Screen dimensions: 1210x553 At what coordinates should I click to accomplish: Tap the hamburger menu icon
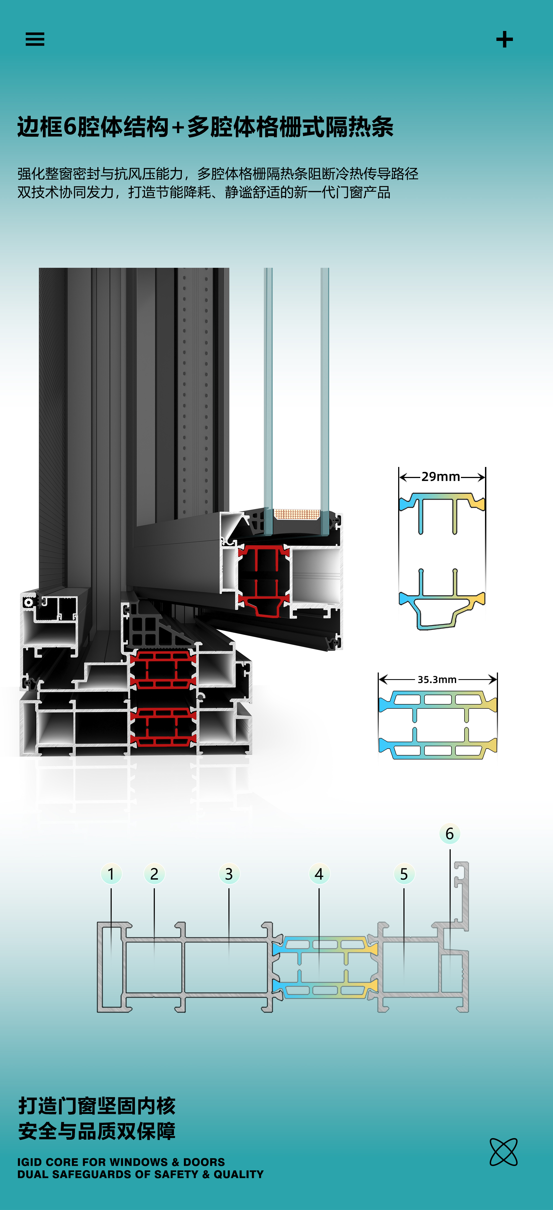click(35, 39)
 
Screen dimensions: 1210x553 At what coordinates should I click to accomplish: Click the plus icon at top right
click(504, 40)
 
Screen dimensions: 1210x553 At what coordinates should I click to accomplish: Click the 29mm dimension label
click(440, 476)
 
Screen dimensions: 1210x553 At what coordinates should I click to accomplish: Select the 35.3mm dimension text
click(437, 679)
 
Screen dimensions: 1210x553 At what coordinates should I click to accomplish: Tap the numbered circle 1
click(111, 874)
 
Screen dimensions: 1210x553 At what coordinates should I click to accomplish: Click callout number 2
click(154, 874)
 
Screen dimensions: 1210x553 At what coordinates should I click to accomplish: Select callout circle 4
click(319, 874)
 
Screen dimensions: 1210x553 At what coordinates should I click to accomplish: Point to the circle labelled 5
click(404, 874)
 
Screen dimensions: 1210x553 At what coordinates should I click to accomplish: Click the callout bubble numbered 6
click(449, 834)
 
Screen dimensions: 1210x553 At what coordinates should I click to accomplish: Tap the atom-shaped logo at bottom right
click(503, 1152)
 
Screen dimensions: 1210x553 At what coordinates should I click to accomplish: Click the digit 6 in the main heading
click(69, 127)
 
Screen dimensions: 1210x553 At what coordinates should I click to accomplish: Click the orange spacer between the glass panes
click(297, 514)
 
